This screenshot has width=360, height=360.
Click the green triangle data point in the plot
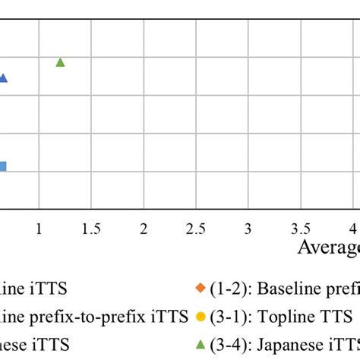point(61,62)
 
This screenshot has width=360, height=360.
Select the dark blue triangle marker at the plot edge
point(2,77)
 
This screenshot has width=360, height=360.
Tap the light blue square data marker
point(2,167)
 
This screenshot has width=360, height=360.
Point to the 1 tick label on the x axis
point(39,228)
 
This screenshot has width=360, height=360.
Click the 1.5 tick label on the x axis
point(91,228)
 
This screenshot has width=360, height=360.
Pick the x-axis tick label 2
point(144,228)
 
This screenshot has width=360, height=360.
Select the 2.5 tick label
point(196,228)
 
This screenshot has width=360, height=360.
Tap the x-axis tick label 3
point(248,228)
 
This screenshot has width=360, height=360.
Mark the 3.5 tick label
point(301,228)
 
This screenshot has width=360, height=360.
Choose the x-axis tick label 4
point(353,228)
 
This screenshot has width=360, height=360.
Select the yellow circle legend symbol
point(201,315)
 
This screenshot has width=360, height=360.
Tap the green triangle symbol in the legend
point(201,343)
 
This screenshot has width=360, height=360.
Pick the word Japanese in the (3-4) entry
point(288,343)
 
